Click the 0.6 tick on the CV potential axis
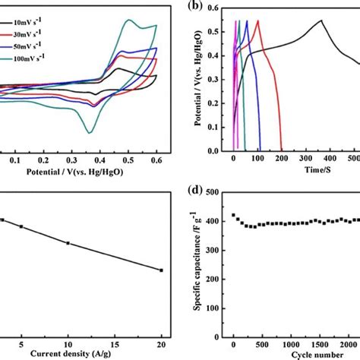156,161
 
